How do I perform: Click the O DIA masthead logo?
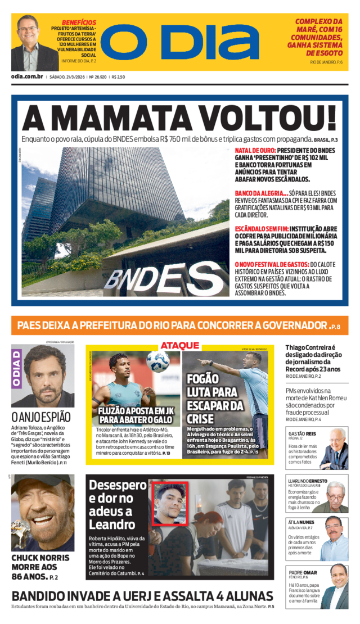179,42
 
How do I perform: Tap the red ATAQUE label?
180,345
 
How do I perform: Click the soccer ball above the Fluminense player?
157,361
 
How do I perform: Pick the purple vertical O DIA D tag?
17,369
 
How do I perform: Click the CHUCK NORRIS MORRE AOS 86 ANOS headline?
40,566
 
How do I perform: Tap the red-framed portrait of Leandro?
169,503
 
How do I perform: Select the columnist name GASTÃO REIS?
302,434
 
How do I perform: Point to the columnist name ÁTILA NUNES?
302,522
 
